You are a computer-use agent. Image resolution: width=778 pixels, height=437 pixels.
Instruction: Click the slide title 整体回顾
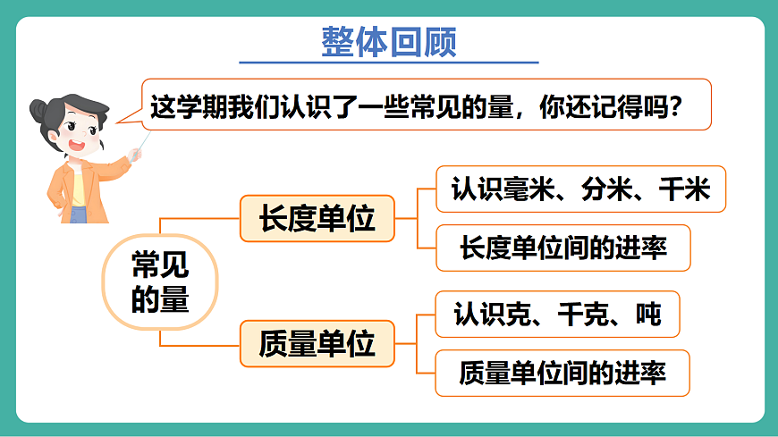pyautogui.click(x=388, y=41)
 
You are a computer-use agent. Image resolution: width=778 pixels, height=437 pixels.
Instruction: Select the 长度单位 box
pyautogui.click(x=317, y=218)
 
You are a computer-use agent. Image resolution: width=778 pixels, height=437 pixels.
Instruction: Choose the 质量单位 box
pyautogui.click(x=317, y=343)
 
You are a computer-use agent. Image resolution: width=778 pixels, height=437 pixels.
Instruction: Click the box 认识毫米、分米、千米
pyautogui.click(x=580, y=189)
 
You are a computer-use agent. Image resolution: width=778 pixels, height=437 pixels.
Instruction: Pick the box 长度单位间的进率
pyautogui.click(x=563, y=248)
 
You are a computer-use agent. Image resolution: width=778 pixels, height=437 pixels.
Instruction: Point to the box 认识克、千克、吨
pyautogui.click(x=557, y=314)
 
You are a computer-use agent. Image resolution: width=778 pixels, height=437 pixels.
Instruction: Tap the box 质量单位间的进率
pyautogui.click(x=562, y=373)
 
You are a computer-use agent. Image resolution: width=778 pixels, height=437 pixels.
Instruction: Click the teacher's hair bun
pyautogui.click(x=39, y=112)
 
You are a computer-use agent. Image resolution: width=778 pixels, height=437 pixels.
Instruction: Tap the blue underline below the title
pyautogui.click(x=388, y=63)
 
